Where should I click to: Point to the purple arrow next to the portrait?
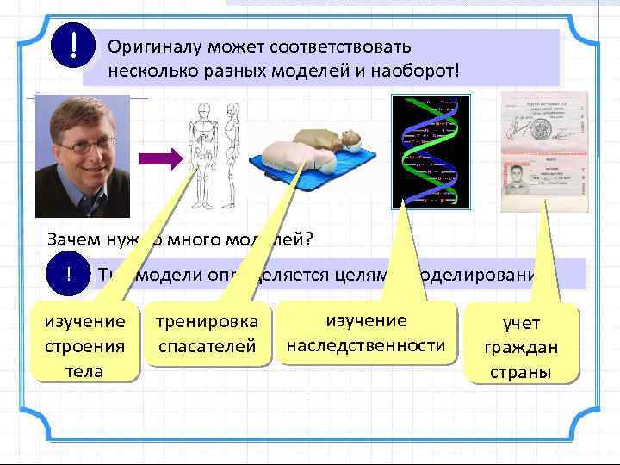coord(161,158)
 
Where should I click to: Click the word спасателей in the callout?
coord(206,346)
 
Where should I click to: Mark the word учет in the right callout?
coord(521,324)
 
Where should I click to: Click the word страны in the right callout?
coord(521,373)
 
